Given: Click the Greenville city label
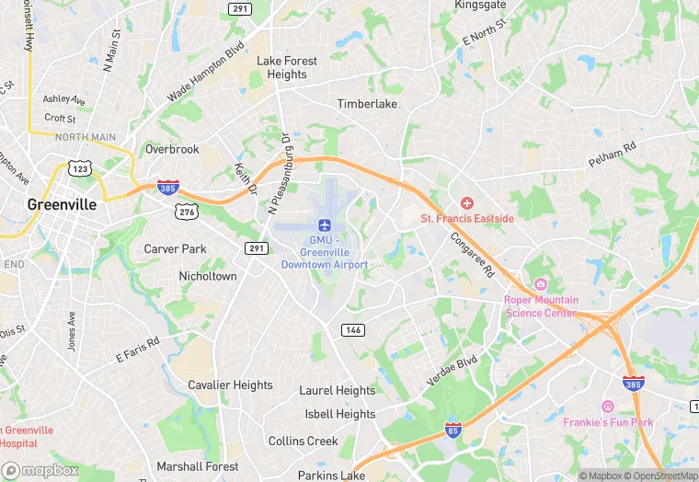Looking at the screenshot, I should (62, 204).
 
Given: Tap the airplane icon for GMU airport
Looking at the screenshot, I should (324, 225).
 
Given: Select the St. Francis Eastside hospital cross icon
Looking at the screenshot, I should (467, 202).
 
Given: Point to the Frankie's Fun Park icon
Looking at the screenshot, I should (607, 406).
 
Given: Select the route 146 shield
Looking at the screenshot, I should (353, 329).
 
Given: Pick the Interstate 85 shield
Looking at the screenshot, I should (453, 430).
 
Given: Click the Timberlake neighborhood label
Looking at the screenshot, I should (367, 104).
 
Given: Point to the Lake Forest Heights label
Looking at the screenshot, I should (287, 67).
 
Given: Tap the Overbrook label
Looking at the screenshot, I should (172, 149).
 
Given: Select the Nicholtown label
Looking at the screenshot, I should (207, 276).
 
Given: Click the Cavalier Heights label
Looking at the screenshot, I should (230, 385).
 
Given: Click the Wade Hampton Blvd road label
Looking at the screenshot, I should (205, 72).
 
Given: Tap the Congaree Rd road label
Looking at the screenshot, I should (473, 253).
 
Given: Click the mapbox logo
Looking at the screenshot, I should (40, 470).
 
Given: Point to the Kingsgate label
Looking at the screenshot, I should (480, 6).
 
